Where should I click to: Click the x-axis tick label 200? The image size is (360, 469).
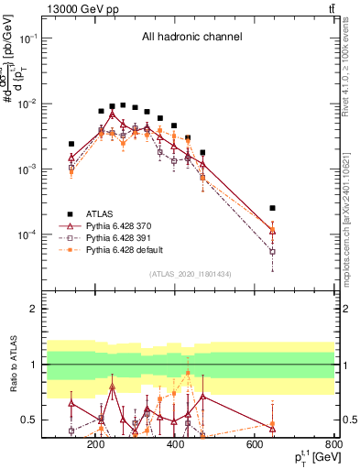95,444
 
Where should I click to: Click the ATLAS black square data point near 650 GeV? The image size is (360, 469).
272,208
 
